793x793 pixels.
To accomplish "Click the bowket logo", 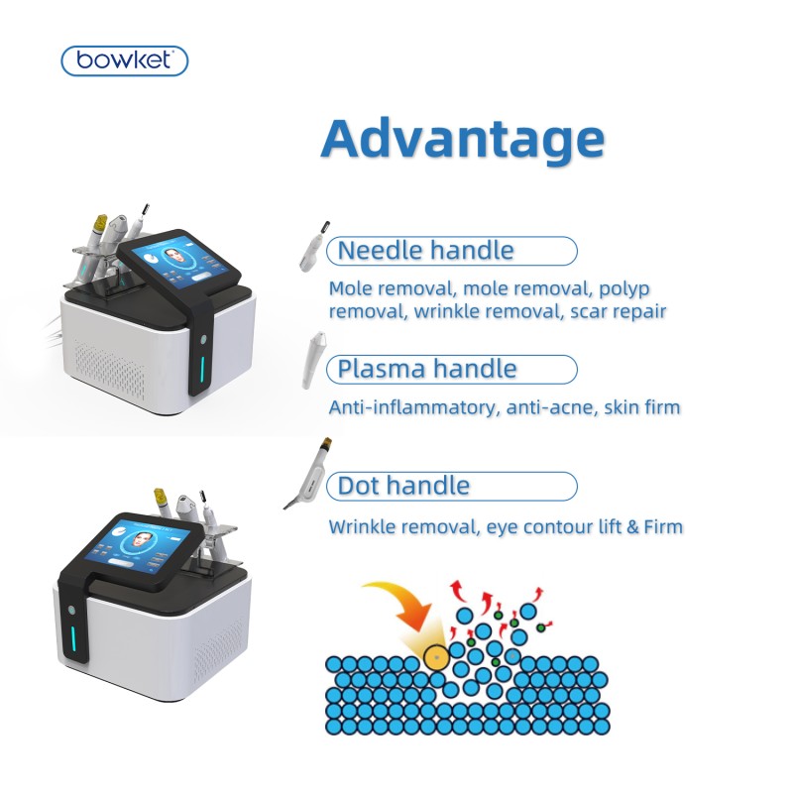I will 124,61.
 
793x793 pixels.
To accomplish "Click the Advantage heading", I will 462,139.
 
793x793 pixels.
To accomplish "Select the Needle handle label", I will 426,251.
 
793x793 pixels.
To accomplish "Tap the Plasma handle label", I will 427,370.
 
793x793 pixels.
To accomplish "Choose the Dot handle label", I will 403,486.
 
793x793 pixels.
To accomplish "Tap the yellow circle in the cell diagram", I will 435,654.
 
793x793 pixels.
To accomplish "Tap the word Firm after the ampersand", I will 659,526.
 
